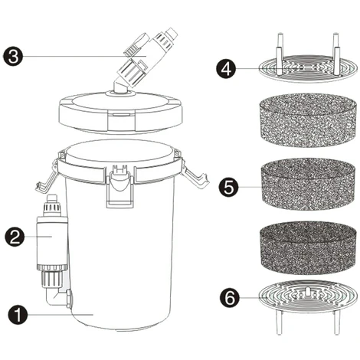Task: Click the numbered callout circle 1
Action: coord(18,315)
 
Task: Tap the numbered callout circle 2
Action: coord(15,237)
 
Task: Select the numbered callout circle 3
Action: coord(13,57)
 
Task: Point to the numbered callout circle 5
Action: coord(229,188)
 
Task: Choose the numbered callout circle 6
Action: coord(230,298)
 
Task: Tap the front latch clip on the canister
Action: coord(121,186)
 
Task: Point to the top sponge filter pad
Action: coord(307,120)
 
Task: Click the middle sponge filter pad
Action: coord(307,185)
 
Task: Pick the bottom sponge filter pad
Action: coord(307,247)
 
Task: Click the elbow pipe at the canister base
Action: coord(57,296)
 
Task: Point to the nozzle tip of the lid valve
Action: coord(172,33)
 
